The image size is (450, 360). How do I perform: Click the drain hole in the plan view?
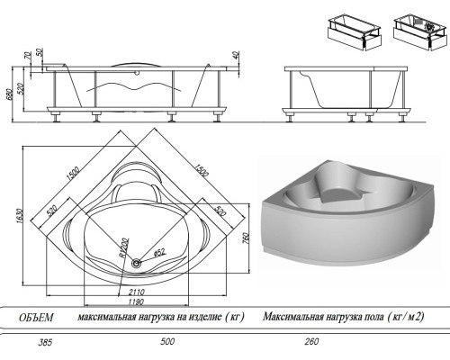(136, 264)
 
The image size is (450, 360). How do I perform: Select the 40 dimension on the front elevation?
(235, 57)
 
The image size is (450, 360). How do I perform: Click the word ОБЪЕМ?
(37, 318)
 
